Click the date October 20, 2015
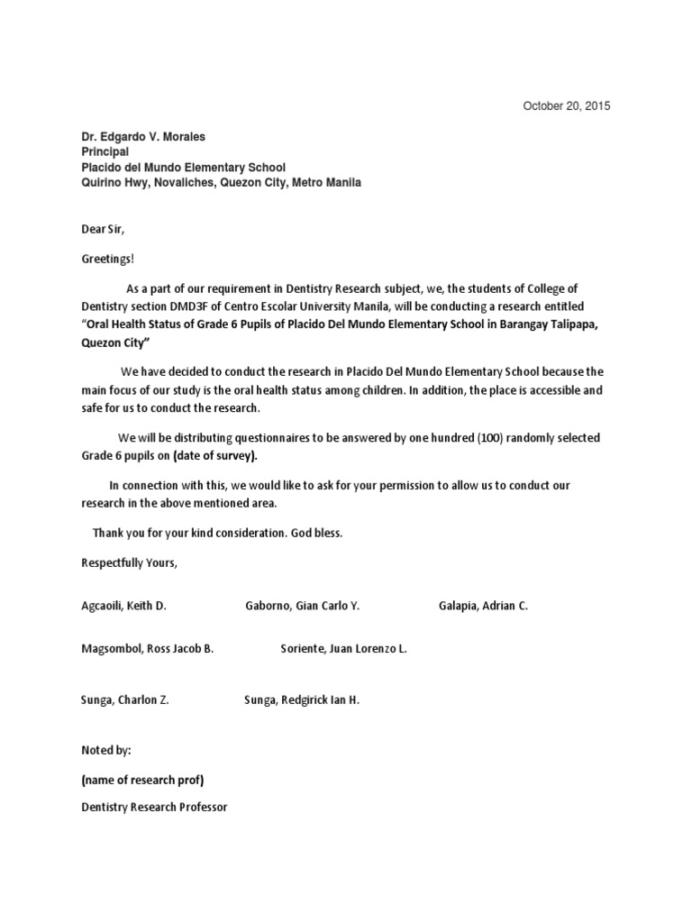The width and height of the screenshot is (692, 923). click(567, 106)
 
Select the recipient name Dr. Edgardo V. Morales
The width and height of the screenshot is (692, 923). click(143, 137)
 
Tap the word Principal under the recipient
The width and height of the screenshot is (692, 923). click(105, 152)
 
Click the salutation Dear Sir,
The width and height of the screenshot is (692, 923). click(103, 230)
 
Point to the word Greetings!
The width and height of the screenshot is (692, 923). click(107, 260)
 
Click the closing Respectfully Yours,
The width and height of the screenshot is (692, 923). click(130, 562)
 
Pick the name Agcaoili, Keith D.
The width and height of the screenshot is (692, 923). click(124, 606)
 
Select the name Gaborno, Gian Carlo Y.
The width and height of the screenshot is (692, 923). click(302, 606)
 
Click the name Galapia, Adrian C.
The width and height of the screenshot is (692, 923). click(483, 606)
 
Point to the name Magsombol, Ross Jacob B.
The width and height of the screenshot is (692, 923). click(148, 649)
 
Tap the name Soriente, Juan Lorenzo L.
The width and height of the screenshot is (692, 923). click(344, 649)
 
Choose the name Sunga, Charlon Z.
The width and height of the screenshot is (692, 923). click(125, 699)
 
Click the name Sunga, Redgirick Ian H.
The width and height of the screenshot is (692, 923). click(302, 699)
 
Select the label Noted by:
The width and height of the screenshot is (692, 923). click(106, 750)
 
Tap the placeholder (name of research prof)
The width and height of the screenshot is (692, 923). click(149, 780)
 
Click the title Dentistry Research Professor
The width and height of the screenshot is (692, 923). click(154, 808)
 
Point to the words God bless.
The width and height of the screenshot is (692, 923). click(316, 533)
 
